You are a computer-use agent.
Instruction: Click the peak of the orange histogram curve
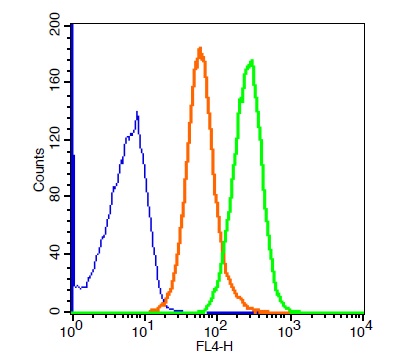click(x=200, y=48)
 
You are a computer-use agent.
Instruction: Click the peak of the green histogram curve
click(x=252, y=61)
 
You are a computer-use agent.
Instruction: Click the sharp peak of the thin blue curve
click(x=137, y=112)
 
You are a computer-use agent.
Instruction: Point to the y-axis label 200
click(x=54, y=24)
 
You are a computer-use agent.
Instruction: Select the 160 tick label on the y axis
click(x=54, y=82)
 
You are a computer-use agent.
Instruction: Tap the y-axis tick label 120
click(x=54, y=140)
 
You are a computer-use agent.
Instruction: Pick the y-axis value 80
click(x=54, y=196)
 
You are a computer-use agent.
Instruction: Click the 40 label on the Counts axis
click(x=54, y=254)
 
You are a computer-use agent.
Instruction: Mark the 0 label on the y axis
click(x=54, y=311)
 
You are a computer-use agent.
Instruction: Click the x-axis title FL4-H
click(x=214, y=347)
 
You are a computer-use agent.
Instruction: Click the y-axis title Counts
click(x=39, y=170)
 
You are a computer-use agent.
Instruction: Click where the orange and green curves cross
click(x=222, y=249)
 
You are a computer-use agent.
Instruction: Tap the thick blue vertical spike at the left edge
click(x=72, y=168)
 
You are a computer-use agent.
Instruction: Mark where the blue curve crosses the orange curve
click(x=163, y=301)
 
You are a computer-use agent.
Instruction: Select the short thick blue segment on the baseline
click(x=230, y=312)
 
